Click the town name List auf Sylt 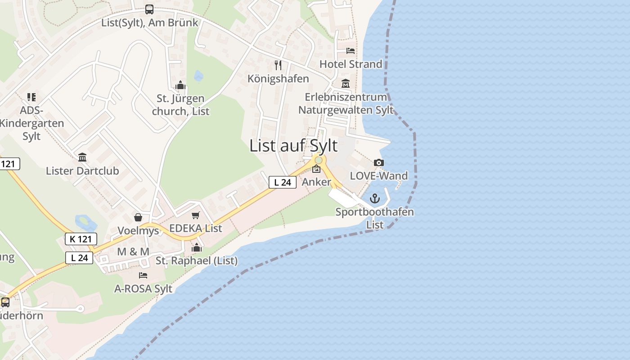click(293, 146)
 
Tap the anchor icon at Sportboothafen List click(375, 198)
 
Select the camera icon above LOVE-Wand click(379, 162)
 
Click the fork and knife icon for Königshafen click(278, 65)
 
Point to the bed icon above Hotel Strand click(351, 51)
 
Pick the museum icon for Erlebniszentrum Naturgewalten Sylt click(346, 84)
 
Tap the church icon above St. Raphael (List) click(197, 247)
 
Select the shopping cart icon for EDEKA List click(195, 216)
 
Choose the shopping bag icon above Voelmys click(138, 218)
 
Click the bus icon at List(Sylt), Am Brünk click(149, 9)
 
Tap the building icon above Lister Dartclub click(82, 157)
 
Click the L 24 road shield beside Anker click(283, 182)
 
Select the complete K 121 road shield click(81, 239)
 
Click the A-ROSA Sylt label click(143, 288)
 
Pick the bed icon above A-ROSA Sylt click(143, 275)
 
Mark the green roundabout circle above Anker click(319, 160)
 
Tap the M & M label click(133, 252)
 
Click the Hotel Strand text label click(351, 64)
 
